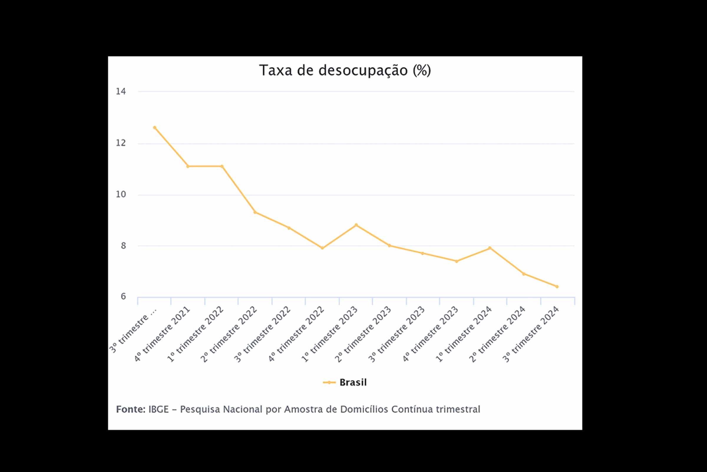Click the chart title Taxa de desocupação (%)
345,71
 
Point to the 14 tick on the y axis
121,91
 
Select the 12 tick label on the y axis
121,143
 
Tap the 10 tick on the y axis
121,194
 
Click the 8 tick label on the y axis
123,246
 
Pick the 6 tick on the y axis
123,296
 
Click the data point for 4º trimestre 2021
188,166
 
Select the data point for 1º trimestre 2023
356,225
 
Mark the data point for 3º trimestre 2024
557,286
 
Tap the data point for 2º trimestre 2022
255,212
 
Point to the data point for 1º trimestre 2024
490,248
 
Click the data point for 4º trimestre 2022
322,248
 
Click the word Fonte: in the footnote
131,409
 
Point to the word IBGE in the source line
158,409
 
